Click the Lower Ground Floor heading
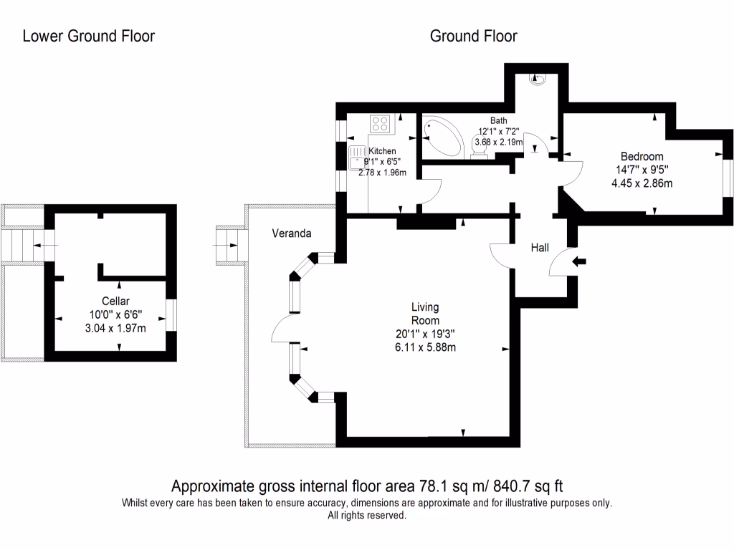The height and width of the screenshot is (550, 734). click(88, 36)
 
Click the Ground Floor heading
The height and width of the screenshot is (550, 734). click(473, 36)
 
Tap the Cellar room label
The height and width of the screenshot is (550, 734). click(115, 301)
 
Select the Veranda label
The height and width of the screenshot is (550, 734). click(292, 233)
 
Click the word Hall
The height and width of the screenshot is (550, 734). click(540, 248)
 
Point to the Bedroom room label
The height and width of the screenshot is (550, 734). click(642, 156)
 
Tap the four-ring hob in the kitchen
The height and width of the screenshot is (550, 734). click(381, 124)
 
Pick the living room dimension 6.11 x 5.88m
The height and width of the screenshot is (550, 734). click(425, 347)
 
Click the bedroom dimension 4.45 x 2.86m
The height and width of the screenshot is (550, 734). click(642, 183)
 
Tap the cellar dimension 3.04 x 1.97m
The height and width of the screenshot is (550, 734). click(115, 329)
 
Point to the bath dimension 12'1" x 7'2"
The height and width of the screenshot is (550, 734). click(499, 132)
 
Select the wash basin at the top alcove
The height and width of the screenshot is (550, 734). click(538, 78)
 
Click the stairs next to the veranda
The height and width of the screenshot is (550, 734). click(230, 245)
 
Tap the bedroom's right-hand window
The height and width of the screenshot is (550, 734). click(726, 176)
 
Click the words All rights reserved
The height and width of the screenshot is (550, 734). click(367, 516)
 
